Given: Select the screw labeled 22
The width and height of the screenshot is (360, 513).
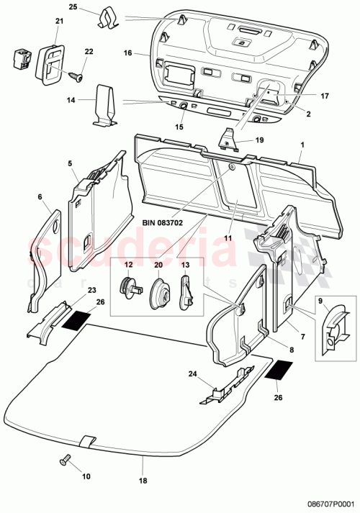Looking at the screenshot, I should [77, 73].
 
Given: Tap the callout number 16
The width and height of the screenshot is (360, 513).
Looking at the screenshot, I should [127, 53].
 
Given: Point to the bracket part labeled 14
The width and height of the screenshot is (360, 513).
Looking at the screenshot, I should [105, 104].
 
